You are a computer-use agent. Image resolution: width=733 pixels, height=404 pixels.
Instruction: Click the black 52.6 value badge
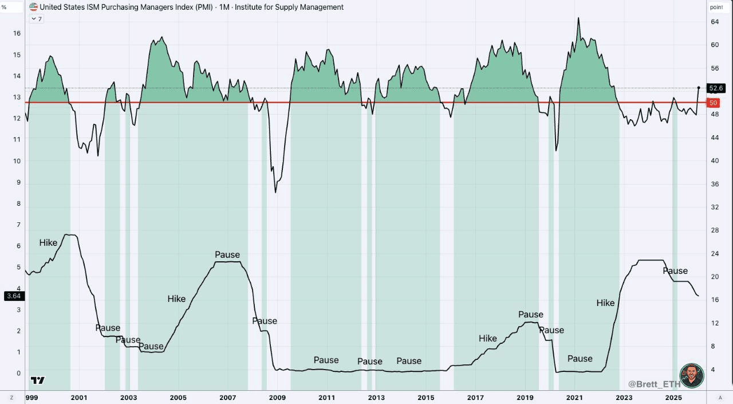716,88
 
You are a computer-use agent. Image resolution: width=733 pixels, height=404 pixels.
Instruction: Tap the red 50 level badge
713,103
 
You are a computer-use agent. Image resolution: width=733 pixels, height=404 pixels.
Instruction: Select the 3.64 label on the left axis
13,296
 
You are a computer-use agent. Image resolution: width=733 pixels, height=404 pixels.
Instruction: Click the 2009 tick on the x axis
277,398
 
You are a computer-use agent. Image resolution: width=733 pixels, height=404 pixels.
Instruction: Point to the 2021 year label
574,398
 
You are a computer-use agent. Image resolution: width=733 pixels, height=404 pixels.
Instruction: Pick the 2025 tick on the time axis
673,398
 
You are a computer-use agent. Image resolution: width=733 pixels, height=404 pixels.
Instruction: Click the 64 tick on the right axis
714,22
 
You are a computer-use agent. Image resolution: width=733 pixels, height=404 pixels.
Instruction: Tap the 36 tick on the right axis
714,184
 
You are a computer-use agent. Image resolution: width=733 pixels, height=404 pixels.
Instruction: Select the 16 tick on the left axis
17,33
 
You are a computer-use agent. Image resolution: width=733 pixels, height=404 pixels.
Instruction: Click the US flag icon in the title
34,7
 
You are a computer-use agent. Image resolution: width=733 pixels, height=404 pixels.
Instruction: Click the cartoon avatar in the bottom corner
692,375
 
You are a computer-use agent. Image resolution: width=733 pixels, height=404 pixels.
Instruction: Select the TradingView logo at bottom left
38,380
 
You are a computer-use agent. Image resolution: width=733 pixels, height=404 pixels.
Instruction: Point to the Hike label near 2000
48,243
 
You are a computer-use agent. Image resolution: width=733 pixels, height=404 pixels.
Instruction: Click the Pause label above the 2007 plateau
227,254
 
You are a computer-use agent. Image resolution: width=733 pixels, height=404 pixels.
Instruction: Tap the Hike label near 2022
605,303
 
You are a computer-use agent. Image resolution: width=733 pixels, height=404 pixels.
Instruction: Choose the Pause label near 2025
675,270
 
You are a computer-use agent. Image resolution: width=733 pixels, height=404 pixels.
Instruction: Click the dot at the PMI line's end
699,88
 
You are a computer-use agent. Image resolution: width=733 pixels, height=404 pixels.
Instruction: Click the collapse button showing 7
37,19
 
